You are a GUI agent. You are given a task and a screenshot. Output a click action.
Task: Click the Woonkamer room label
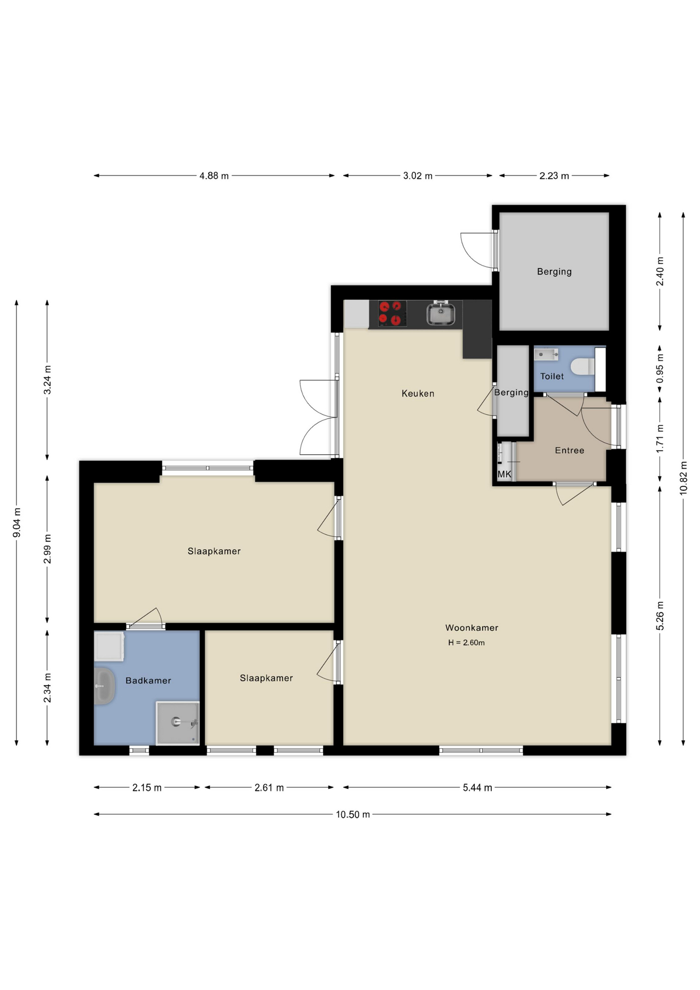[x=472, y=628]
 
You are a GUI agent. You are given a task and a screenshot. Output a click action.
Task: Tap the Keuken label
[x=418, y=393]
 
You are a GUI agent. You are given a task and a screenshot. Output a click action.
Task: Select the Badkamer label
[x=148, y=681]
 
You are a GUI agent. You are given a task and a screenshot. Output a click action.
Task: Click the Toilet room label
[x=552, y=376]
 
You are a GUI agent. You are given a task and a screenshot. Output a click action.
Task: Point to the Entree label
[x=570, y=450]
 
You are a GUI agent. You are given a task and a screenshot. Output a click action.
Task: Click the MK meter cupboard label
[x=504, y=474]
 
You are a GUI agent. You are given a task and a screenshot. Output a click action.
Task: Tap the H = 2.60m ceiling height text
[x=466, y=642]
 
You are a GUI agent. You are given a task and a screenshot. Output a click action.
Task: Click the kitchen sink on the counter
[x=441, y=313]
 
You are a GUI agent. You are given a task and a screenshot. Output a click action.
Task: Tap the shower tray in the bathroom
[x=178, y=723]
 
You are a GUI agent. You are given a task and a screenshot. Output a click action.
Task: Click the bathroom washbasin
[x=104, y=686]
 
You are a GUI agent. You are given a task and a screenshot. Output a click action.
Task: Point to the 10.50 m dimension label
[x=353, y=815]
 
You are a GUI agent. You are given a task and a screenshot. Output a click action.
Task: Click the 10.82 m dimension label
[x=684, y=478]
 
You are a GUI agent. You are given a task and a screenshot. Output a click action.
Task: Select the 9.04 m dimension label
[x=16, y=522]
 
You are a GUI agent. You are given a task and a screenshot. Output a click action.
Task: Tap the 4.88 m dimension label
[x=214, y=176]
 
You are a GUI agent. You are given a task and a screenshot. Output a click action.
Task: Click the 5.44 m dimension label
[x=477, y=787]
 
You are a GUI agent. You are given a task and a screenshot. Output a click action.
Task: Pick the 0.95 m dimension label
[x=660, y=368]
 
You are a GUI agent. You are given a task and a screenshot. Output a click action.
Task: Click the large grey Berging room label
[x=554, y=272]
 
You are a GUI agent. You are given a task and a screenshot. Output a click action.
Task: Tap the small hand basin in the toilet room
[x=546, y=354]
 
